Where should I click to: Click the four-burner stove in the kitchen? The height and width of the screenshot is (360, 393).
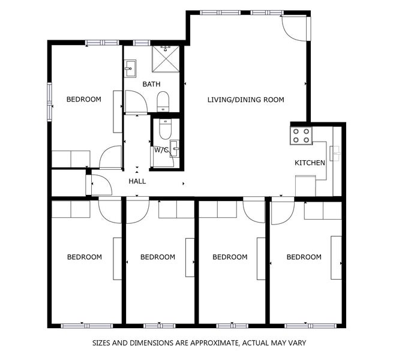tap(301, 136)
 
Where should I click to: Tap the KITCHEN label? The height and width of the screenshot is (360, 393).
tap(310, 163)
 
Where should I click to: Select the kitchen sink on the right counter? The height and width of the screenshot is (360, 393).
tap(336, 153)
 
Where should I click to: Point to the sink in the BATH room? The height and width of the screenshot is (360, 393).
tap(130, 70)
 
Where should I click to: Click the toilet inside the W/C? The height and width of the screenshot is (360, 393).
tap(165, 128)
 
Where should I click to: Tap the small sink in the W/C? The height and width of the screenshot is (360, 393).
tap(174, 148)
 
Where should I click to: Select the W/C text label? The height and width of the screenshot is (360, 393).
tap(161, 149)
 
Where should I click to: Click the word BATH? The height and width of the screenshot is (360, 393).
tap(151, 85)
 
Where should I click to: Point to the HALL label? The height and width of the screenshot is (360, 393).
tap(137, 181)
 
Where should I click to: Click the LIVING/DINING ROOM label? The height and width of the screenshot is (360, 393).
tap(245, 100)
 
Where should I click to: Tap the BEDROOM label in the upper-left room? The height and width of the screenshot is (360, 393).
tap(83, 100)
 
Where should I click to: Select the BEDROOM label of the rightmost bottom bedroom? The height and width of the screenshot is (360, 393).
tap(304, 257)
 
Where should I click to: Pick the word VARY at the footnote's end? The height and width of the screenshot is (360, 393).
tap(296, 343)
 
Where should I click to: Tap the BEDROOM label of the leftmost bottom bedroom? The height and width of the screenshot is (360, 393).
tap(84, 257)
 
